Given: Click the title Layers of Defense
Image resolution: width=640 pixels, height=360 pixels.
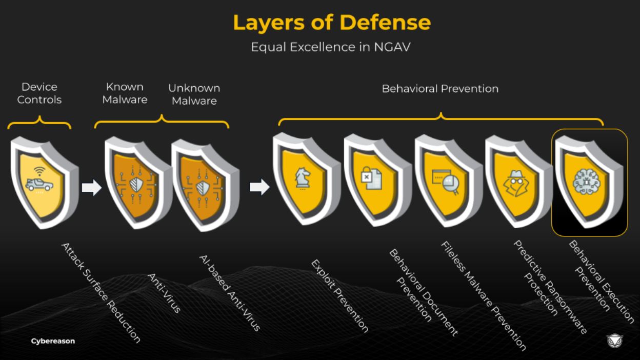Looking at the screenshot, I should [x=331, y=23].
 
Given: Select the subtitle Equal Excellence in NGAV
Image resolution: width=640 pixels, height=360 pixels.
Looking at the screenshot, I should [x=331, y=47].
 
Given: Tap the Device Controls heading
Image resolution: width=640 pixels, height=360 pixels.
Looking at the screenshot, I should [x=39, y=93].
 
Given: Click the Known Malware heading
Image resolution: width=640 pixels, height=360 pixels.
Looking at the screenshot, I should [x=125, y=93].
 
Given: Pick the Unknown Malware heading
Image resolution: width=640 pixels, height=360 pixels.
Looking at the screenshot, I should [x=194, y=94].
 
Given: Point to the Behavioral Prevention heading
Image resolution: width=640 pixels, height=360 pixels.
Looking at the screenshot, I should [x=440, y=89].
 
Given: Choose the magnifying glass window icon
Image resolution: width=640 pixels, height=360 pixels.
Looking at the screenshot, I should [x=445, y=181].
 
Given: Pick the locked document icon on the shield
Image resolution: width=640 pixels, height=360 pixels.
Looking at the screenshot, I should [x=371, y=178].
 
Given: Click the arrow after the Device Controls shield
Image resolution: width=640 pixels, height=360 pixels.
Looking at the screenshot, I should [x=91, y=188].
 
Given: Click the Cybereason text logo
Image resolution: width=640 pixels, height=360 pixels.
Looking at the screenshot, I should [x=53, y=341].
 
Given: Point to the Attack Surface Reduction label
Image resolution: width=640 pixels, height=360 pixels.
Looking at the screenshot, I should [x=101, y=292].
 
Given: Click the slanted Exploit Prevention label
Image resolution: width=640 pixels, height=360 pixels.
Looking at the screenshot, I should [x=339, y=295].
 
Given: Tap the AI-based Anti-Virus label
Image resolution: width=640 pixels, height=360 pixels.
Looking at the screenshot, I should [x=230, y=292].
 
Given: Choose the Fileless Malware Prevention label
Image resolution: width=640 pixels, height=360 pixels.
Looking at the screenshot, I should [x=484, y=295].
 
